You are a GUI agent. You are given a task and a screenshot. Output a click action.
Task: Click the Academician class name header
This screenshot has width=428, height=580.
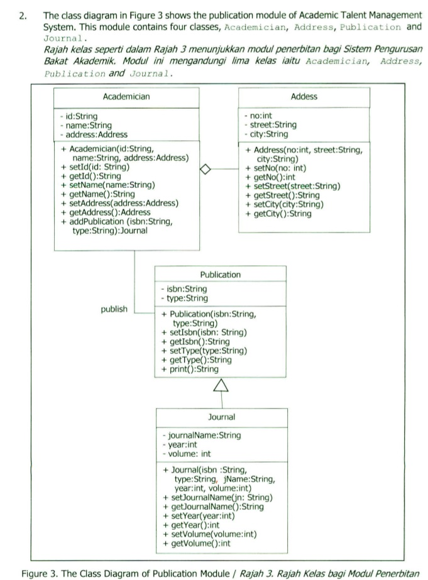click(126, 97)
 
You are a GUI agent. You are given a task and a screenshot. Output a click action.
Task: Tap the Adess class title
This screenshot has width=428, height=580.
click(304, 97)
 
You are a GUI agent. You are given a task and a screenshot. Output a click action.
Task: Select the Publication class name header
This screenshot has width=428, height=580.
click(220, 275)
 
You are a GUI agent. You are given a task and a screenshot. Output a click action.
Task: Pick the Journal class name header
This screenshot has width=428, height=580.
click(221, 417)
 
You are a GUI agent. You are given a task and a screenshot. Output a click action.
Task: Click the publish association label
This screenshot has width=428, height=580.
click(114, 309)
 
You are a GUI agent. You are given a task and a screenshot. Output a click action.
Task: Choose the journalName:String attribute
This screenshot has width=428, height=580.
click(205, 435)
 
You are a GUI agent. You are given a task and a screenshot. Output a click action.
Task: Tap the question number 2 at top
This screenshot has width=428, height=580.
click(23, 15)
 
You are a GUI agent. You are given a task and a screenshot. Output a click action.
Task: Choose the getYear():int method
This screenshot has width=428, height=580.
click(195, 525)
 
